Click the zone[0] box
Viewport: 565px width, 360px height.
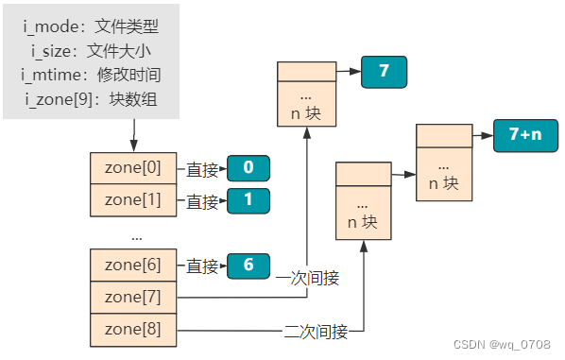tap(133, 168)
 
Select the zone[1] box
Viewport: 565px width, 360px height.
tap(133, 200)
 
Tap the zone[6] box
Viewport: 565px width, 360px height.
tap(133, 266)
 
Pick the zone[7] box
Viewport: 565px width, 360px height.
tap(133, 298)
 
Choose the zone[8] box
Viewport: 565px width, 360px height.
tap(133, 330)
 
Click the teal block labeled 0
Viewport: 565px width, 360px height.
tap(248, 169)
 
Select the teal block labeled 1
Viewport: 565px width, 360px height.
tap(248, 201)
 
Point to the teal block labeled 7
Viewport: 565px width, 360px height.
tap(384, 72)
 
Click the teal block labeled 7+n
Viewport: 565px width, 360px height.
tap(525, 135)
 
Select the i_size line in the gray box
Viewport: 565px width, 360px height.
tap(91, 50)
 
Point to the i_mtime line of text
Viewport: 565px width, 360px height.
tap(91, 73)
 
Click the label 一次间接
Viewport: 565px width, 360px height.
tap(307, 279)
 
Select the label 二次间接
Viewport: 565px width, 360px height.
tap(316, 331)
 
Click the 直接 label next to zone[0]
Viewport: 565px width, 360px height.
tap(202, 169)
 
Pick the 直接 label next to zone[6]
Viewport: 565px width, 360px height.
tap(202, 266)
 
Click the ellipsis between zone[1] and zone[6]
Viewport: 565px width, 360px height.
tap(136, 233)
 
